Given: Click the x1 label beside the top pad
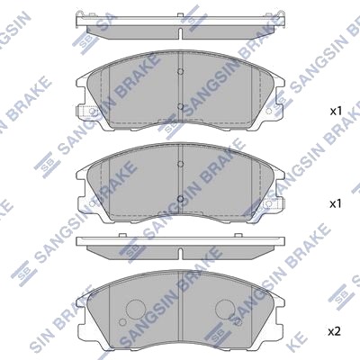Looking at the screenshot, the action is pos(336,112).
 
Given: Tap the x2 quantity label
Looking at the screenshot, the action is pos(334,331).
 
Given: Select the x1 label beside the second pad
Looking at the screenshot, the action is pos(336,204).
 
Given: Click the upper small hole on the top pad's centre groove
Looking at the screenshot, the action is pos(180,71).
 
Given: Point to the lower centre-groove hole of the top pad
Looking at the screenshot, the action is pos(180,106).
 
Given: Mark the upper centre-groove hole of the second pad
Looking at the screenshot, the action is pos(180,164).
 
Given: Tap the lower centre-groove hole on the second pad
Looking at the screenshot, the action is pos(180,198).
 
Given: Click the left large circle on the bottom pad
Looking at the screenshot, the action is pos(136,309).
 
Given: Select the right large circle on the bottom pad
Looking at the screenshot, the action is pos(226,309).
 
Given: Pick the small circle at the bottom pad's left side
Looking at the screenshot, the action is pos(122,322).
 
